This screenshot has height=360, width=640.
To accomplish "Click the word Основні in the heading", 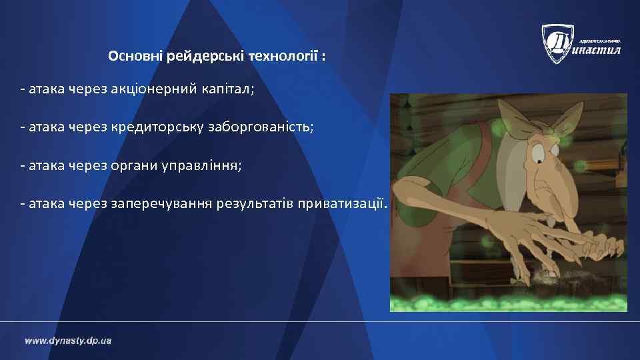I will pos(131,57).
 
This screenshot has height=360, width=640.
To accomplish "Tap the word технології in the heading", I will pos(283,57).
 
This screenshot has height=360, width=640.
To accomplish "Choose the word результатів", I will pos(256,203).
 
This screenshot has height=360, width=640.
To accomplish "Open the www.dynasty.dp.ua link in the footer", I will pos(68,341).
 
